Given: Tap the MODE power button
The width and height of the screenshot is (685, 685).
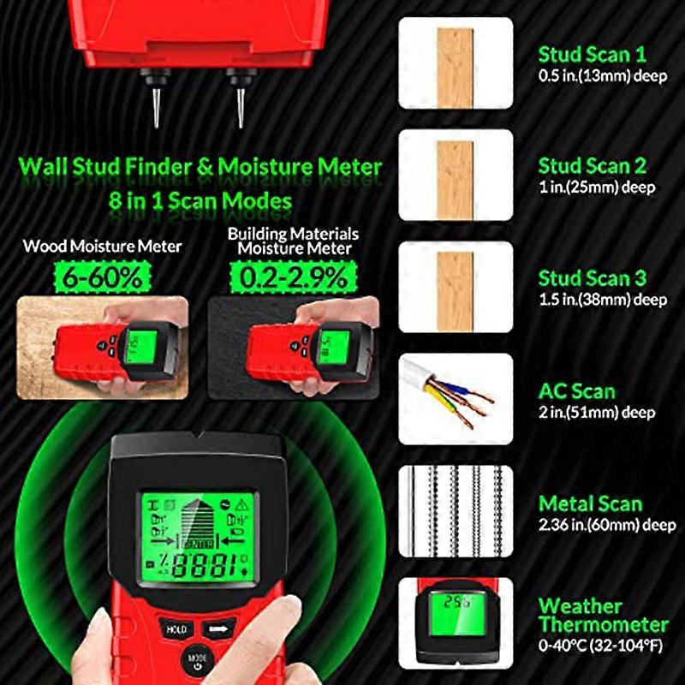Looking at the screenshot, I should point(198,659).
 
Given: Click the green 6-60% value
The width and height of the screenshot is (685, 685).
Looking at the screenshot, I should point(103,276).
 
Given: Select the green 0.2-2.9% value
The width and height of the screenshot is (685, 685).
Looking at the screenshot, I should point(293,276).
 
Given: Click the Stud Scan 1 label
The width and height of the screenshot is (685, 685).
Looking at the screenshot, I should point(592,55).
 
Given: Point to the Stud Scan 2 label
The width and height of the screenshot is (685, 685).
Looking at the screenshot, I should point(592,166).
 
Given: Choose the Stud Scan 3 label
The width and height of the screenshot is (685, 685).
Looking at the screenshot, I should point(592,278).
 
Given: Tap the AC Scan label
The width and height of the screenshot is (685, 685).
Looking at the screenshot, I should point(576,391).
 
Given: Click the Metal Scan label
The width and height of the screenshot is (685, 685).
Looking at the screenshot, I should point(590,503).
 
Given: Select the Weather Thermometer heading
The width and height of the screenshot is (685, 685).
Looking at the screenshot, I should point(603,616).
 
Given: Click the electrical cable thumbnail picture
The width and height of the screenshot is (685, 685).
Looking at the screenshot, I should point(456,399).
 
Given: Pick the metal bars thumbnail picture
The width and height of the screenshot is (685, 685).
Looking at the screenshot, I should point(456,511).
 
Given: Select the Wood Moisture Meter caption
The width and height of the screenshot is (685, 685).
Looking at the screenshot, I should point(103,247).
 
